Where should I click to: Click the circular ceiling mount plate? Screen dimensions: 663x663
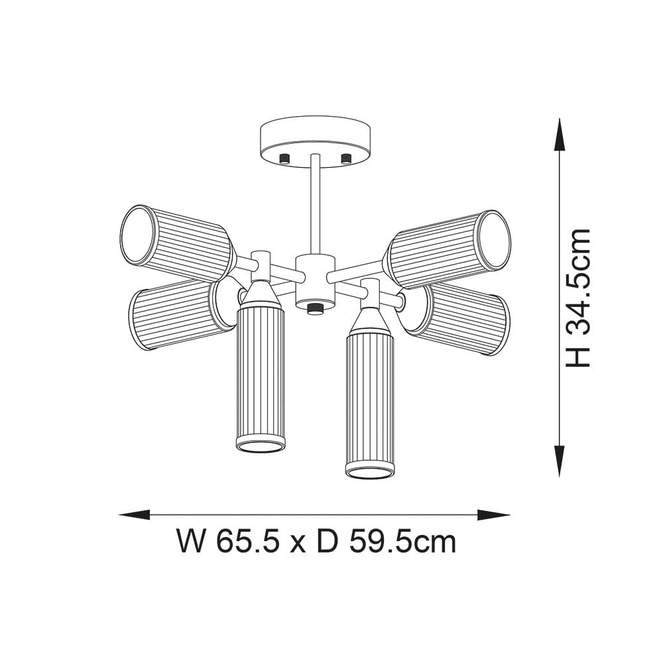coord(315,136)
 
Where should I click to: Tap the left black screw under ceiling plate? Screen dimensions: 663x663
coord(285,158)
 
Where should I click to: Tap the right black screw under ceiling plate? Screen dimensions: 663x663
coord(345,158)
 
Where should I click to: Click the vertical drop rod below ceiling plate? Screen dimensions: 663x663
coord(315,206)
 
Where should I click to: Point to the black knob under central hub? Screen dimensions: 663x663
coord(313,309)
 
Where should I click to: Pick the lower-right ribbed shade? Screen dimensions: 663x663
coord(464,318)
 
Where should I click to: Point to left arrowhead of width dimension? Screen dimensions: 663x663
coord(133,514)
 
